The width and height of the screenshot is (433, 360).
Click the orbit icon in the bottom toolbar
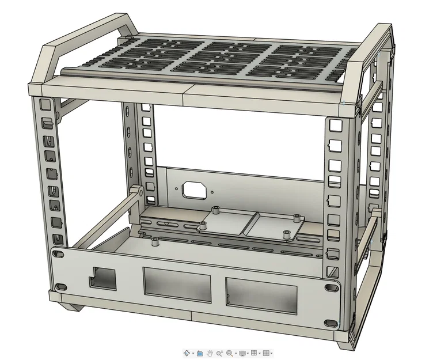[x=187, y=353]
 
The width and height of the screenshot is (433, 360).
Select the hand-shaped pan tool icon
[x=210, y=353]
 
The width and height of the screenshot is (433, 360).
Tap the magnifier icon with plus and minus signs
[x=220, y=353]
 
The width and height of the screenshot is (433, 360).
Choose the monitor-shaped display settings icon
[x=242, y=353]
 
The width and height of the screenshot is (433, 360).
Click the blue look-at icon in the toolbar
[x=200, y=353]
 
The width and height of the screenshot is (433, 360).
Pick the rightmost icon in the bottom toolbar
[x=267, y=353]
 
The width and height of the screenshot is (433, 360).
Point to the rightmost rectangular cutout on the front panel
[x=261, y=293]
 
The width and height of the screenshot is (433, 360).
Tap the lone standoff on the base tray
[x=154, y=242]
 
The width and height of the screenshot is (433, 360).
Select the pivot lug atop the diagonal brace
[x=136, y=192]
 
